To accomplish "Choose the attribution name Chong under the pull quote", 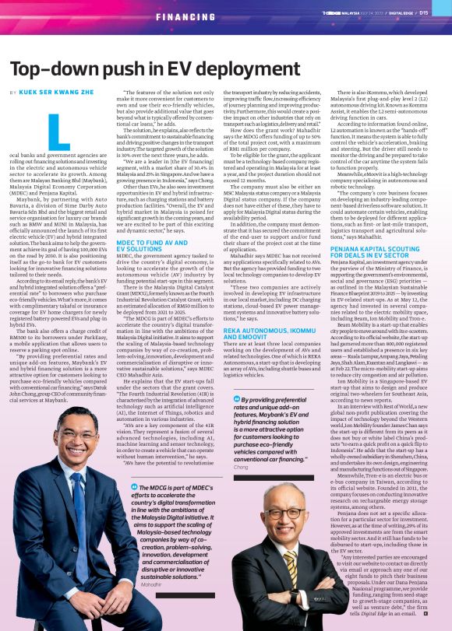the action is pyautogui.click(x=240, y=467).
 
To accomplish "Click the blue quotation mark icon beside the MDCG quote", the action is pyautogui.click(x=134, y=486).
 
